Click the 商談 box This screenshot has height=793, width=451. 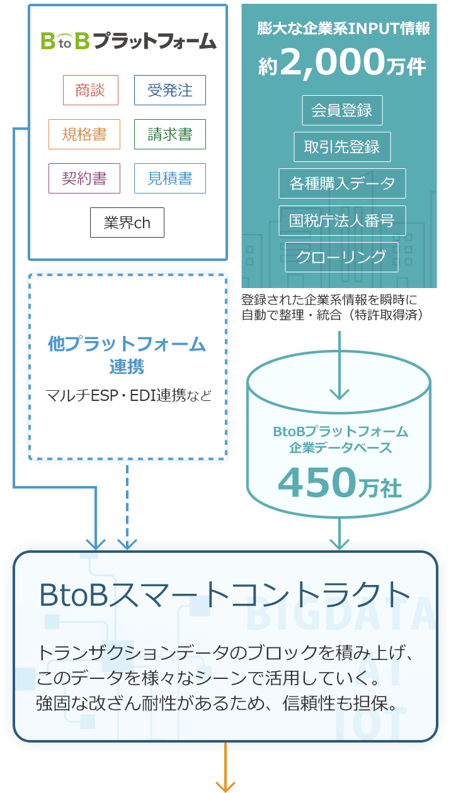point(91,90)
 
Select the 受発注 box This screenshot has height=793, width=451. point(169,90)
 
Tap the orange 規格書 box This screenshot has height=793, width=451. point(84,134)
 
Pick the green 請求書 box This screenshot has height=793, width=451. point(169,134)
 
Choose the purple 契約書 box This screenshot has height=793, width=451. point(84,178)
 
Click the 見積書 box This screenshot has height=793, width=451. point(169,178)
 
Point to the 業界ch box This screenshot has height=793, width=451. point(127,223)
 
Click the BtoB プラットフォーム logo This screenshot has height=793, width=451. point(128,42)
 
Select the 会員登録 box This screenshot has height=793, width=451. point(341,110)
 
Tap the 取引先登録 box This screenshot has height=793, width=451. point(341,148)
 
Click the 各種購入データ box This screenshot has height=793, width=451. point(341,183)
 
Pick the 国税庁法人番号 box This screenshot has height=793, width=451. point(341,221)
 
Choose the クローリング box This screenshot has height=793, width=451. point(341,257)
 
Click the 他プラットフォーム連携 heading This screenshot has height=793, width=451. point(127,354)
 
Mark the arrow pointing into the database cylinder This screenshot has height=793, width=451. point(339,366)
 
